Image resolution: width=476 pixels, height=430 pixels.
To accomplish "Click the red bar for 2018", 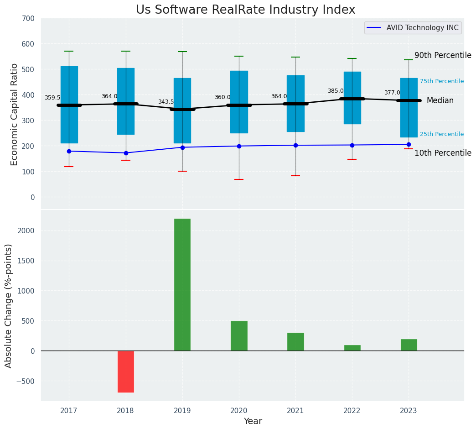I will point(125,371).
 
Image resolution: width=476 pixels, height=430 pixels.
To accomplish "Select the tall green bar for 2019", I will point(182,284).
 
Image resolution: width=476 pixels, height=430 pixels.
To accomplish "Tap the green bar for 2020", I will point(239,336).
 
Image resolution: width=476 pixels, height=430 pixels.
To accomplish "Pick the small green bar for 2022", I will point(352,348).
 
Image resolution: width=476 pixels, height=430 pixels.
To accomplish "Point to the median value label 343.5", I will point(166,102).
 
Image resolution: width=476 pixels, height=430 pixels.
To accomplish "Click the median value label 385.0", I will point(336,91).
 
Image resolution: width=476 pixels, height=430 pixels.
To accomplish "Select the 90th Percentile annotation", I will point(443,55).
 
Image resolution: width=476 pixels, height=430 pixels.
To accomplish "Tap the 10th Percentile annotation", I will point(443,153).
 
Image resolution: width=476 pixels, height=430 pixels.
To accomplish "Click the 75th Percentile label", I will point(441,81).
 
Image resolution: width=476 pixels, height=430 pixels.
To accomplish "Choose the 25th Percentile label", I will point(441,134).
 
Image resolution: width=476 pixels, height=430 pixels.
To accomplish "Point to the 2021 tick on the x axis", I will point(295,411).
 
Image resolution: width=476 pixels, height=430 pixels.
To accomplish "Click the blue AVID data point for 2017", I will point(69,151).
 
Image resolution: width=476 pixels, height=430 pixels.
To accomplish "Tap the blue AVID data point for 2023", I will point(409,145).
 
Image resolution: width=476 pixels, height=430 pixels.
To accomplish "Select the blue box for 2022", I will point(352,98).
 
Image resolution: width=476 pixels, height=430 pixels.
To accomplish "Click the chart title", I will point(245,10).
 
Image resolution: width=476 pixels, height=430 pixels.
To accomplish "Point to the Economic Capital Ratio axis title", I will point(14,114).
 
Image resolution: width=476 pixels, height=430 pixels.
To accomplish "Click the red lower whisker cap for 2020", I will point(239,179).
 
